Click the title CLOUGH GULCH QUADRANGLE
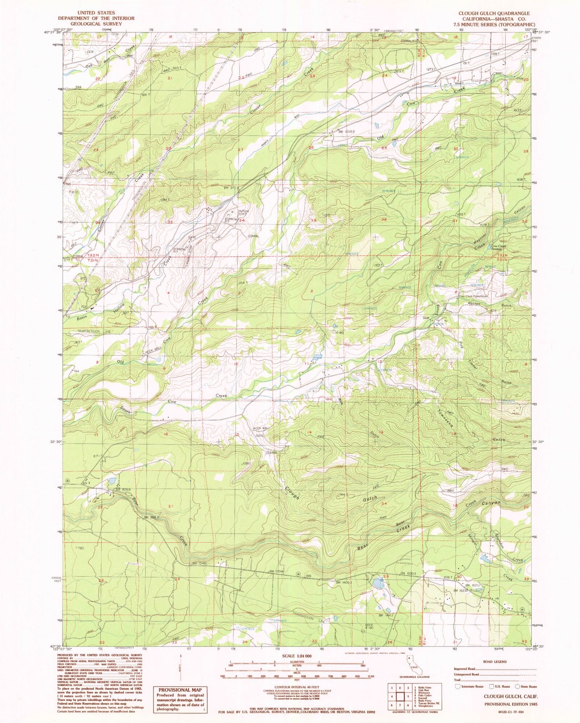coord(493,13)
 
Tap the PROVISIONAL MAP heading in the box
coord(181,689)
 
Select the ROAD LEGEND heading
coord(495,662)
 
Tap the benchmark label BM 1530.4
coord(409,573)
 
